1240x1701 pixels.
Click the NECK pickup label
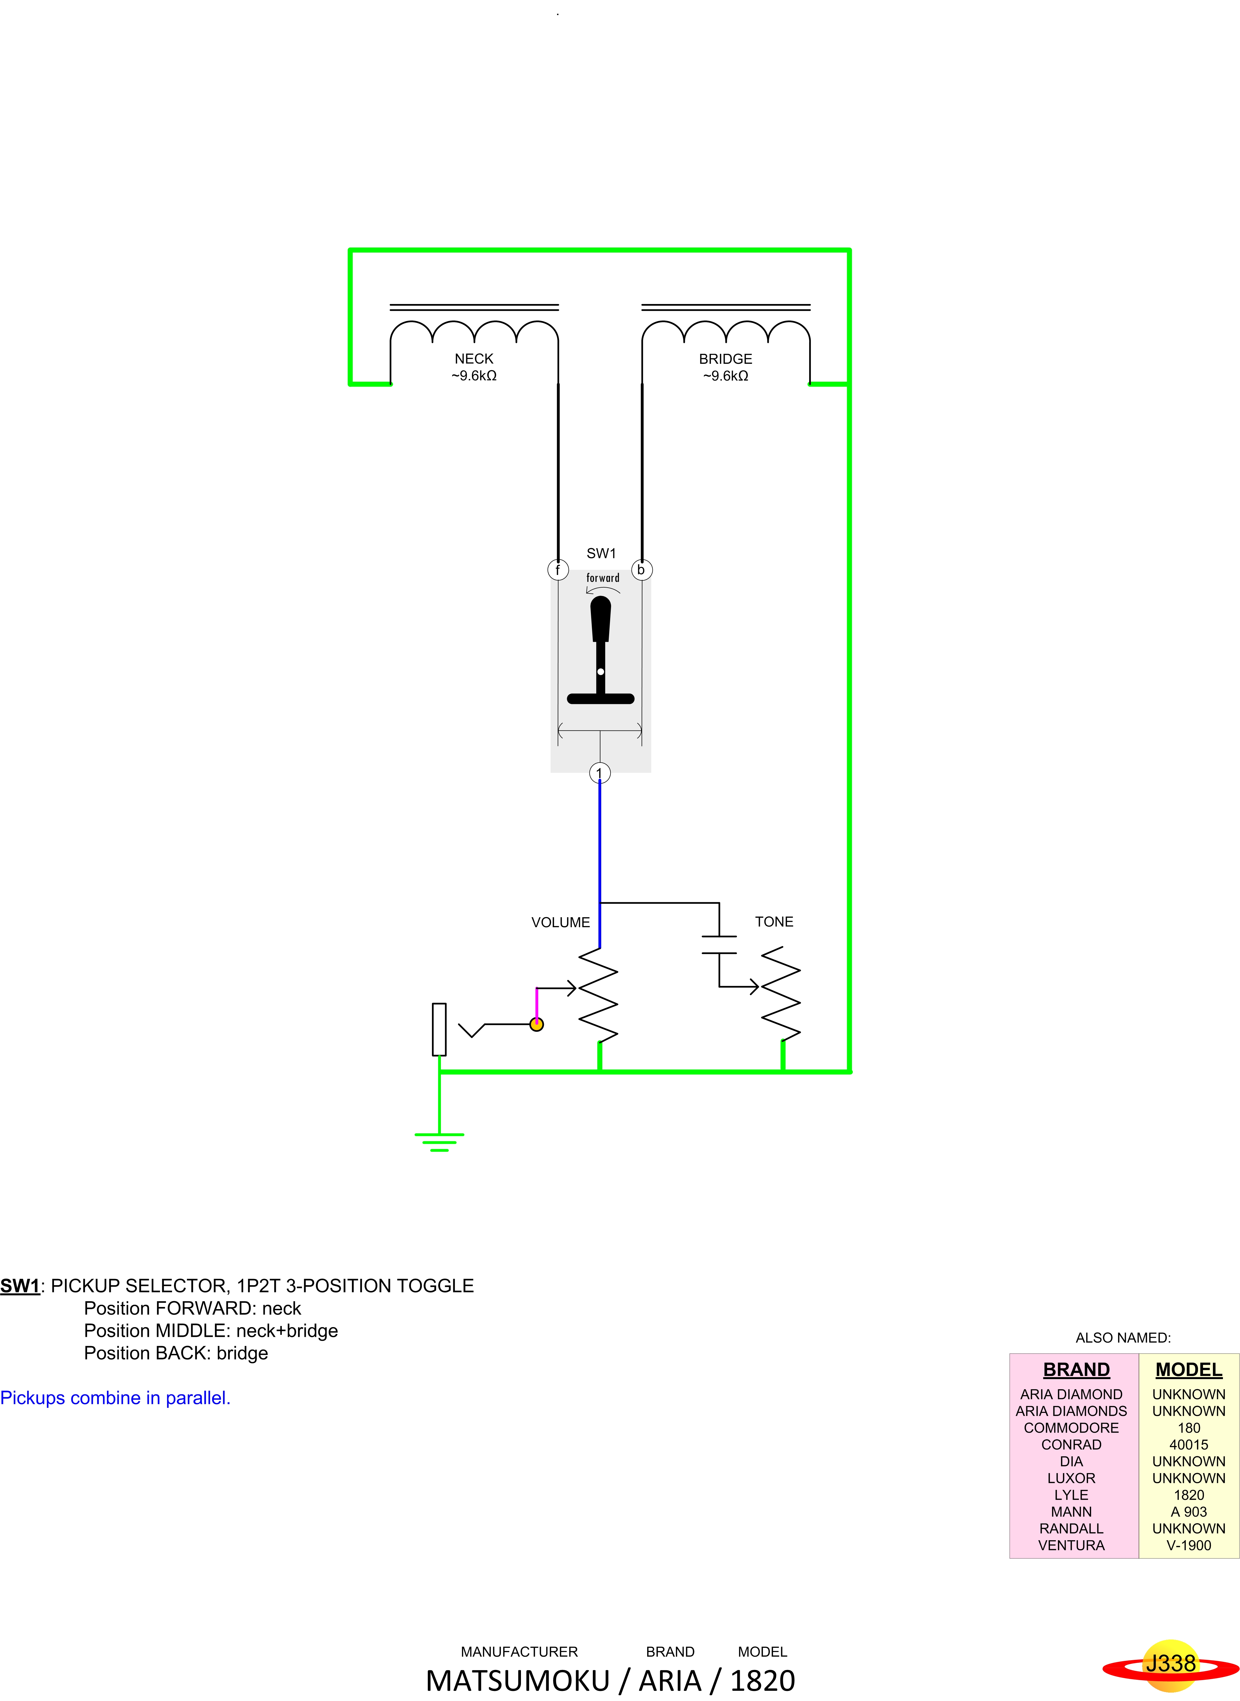tap(474, 359)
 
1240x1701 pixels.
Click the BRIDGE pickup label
tap(725, 359)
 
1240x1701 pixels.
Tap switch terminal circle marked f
tap(558, 569)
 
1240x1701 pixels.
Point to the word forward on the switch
tap(603, 578)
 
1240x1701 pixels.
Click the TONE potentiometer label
tap(774, 922)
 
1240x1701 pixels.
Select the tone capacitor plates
tap(719, 945)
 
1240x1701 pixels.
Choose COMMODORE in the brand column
tap(1071, 1428)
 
